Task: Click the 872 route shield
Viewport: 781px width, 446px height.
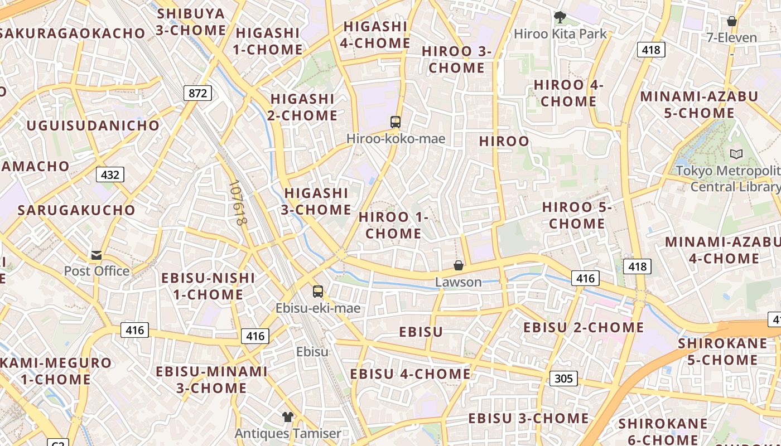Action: (x=197, y=93)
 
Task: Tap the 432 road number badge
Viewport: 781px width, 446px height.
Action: (x=110, y=174)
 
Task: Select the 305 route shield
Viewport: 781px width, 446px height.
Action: (x=563, y=379)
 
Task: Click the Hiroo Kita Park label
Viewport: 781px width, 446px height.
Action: (x=560, y=34)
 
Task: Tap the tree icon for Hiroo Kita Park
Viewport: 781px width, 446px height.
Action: (x=560, y=17)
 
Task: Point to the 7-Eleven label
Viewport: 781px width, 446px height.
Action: (x=731, y=38)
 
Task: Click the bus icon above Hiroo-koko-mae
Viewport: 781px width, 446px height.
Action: (x=396, y=122)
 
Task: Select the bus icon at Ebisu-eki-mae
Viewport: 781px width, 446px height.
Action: (x=318, y=292)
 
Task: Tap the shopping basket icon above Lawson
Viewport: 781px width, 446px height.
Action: (x=458, y=265)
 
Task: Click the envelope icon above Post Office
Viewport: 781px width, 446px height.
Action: (x=97, y=255)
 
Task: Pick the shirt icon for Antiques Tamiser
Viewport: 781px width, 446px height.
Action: (x=287, y=417)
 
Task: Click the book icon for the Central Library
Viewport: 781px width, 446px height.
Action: (x=736, y=154)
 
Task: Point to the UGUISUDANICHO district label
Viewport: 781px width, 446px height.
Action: (x=93, y=125)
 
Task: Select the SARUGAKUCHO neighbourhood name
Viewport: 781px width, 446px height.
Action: (x=76, y=210)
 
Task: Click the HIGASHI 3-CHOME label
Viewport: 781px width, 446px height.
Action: (x=316, y=201)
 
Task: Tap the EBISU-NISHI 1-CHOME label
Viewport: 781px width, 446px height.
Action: (x=208, y=286)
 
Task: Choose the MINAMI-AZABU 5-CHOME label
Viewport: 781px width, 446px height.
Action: (x=699, y=105)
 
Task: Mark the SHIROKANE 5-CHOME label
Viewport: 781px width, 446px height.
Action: (x=722, y=351)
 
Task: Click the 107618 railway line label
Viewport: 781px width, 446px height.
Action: (x=238, y=203)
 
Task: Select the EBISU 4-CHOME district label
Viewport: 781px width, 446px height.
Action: (x=410, y=374)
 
